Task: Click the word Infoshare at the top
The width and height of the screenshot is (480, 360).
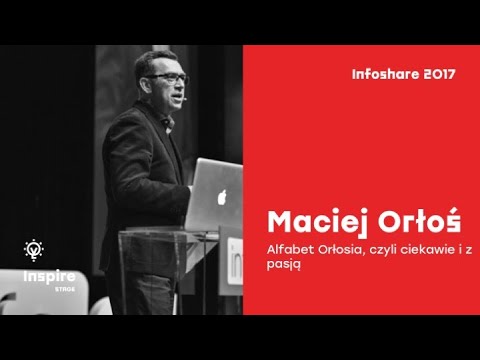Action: click(x=382, y=73)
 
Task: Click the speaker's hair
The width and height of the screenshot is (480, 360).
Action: click(x=161, y=57)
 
